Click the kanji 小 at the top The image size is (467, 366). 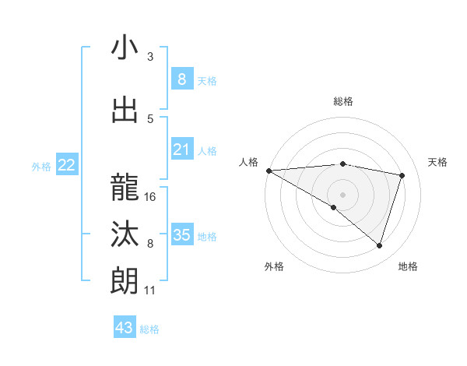coord(125,48)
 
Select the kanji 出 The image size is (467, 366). coord(125,111)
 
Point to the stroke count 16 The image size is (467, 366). coord(150,197)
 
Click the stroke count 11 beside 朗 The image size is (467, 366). coord(150,290)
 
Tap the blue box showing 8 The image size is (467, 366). coord(181,79)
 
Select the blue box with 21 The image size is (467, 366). coord(181,150)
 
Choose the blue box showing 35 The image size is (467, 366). coord(181,234)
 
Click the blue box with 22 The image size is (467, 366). coord(67,164)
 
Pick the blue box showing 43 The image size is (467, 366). coord(125,328)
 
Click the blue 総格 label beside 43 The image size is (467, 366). coord(149,329)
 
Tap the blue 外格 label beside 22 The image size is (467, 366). coord(41,166)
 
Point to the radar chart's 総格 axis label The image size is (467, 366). coord(342,101)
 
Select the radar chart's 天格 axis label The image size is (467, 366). coord(437,162)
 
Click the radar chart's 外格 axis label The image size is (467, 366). coord(274,266)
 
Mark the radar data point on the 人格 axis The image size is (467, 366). coord(269,170)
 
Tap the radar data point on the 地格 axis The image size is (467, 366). coord(379,245)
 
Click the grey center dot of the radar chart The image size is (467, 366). coord(342,193)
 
